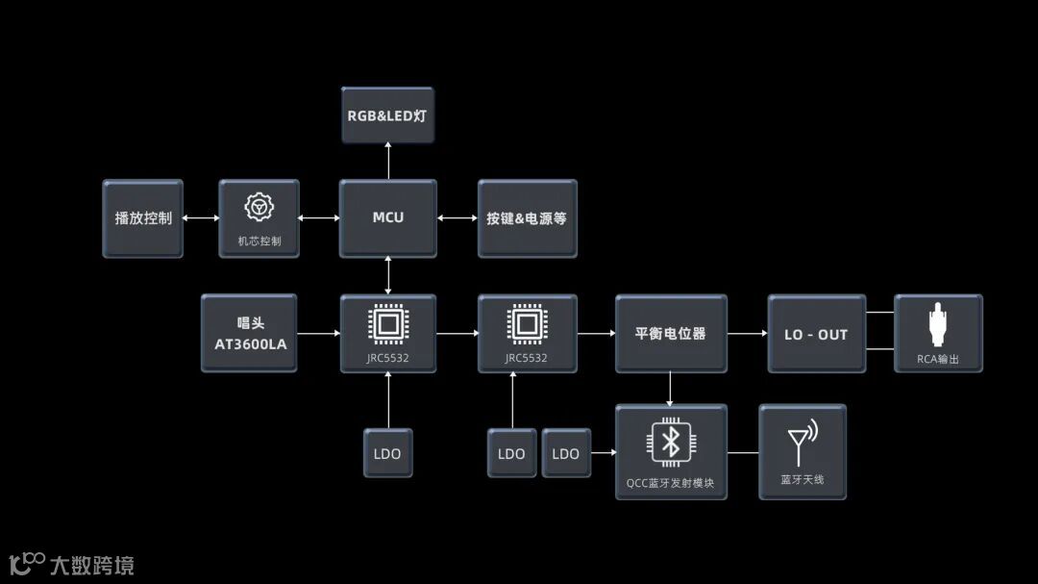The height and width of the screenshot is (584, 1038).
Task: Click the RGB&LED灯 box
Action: [x=387, y=115]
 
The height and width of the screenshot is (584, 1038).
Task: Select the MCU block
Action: [x=387, y=217]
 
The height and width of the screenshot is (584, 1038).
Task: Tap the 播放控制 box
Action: [x=143, y=218]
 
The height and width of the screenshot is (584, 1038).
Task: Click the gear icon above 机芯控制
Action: [x=259, y=207]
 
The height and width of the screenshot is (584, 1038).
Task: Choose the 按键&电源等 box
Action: [x=527, y=218]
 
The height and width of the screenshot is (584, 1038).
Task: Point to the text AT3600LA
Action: [x=250, y=343]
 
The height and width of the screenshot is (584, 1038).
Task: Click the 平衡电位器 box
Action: [x=670, y=334]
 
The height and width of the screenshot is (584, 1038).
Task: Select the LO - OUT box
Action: [x=816, y=334]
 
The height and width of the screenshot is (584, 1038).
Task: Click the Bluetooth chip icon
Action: [x=672, y=443]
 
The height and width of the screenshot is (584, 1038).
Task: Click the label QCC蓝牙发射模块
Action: [x=670, y=483]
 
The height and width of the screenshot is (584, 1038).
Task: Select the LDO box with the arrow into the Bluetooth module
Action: [x=566, y=453]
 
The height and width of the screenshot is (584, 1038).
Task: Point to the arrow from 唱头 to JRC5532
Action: [x=318, y=334]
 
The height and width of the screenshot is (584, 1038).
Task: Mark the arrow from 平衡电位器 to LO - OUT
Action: [x=747, y=334]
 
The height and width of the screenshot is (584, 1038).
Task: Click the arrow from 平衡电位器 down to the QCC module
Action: [x=670, y=389]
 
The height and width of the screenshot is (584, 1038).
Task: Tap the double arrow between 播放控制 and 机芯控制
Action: [x=201, y=218]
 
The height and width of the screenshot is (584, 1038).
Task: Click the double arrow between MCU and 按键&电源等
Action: [x=457, y=218]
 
